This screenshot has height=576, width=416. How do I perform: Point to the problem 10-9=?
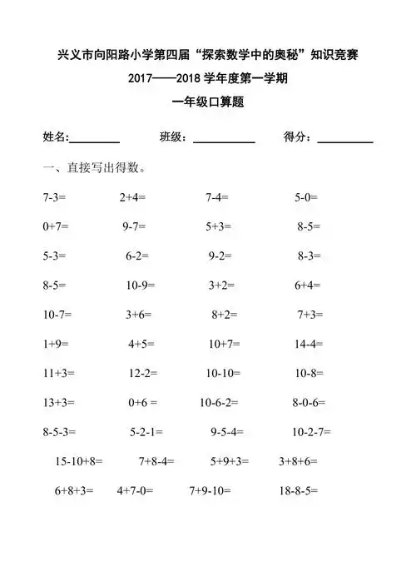coord(143,286)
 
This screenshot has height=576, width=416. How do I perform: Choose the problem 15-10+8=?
coord(78,460)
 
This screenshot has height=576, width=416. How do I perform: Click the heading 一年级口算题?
coord(207,103)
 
